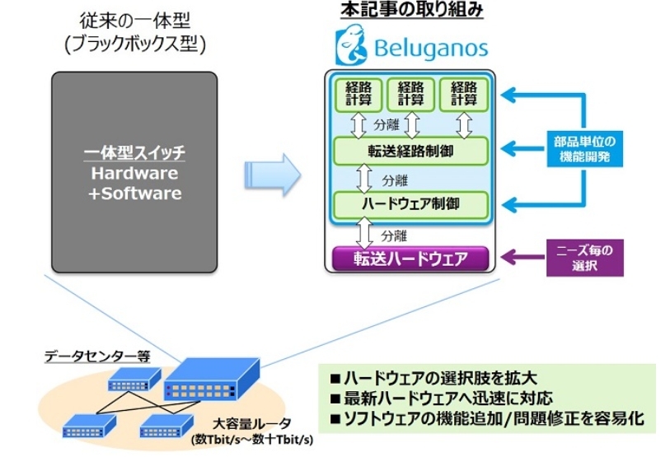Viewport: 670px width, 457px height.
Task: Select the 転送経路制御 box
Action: tap(410, 152)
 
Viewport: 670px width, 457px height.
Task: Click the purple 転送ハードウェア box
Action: tap(410, 258)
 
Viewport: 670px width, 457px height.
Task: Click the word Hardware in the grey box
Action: tap(134, 174)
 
